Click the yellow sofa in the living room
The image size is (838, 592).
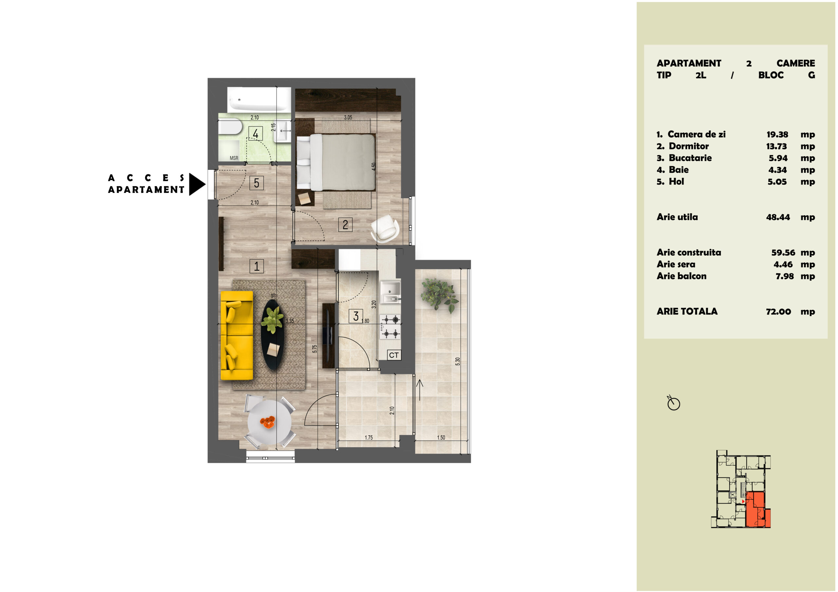click(237, 335)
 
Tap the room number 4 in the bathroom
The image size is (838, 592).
click(255, 133)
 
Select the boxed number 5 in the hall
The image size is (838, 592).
click(257, 183)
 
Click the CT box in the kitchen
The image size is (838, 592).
click(394, 355)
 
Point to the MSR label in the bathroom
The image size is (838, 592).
click(234, 158)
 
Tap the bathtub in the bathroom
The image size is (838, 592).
click(259, 99)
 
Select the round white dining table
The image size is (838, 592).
click(269, 422)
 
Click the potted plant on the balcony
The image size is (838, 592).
click(439, 295)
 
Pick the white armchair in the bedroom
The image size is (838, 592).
click(385, 228)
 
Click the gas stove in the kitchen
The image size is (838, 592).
click(390, 326)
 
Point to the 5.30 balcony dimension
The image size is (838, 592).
click(458, 361)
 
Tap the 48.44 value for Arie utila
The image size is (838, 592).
click(778, 217)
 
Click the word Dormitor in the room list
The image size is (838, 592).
click(689, 146)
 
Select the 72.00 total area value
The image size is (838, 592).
click(778, 311)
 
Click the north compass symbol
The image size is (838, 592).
click(673, 403)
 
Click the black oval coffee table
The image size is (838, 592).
click(273, 335)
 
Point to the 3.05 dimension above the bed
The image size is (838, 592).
click(348, 117)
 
